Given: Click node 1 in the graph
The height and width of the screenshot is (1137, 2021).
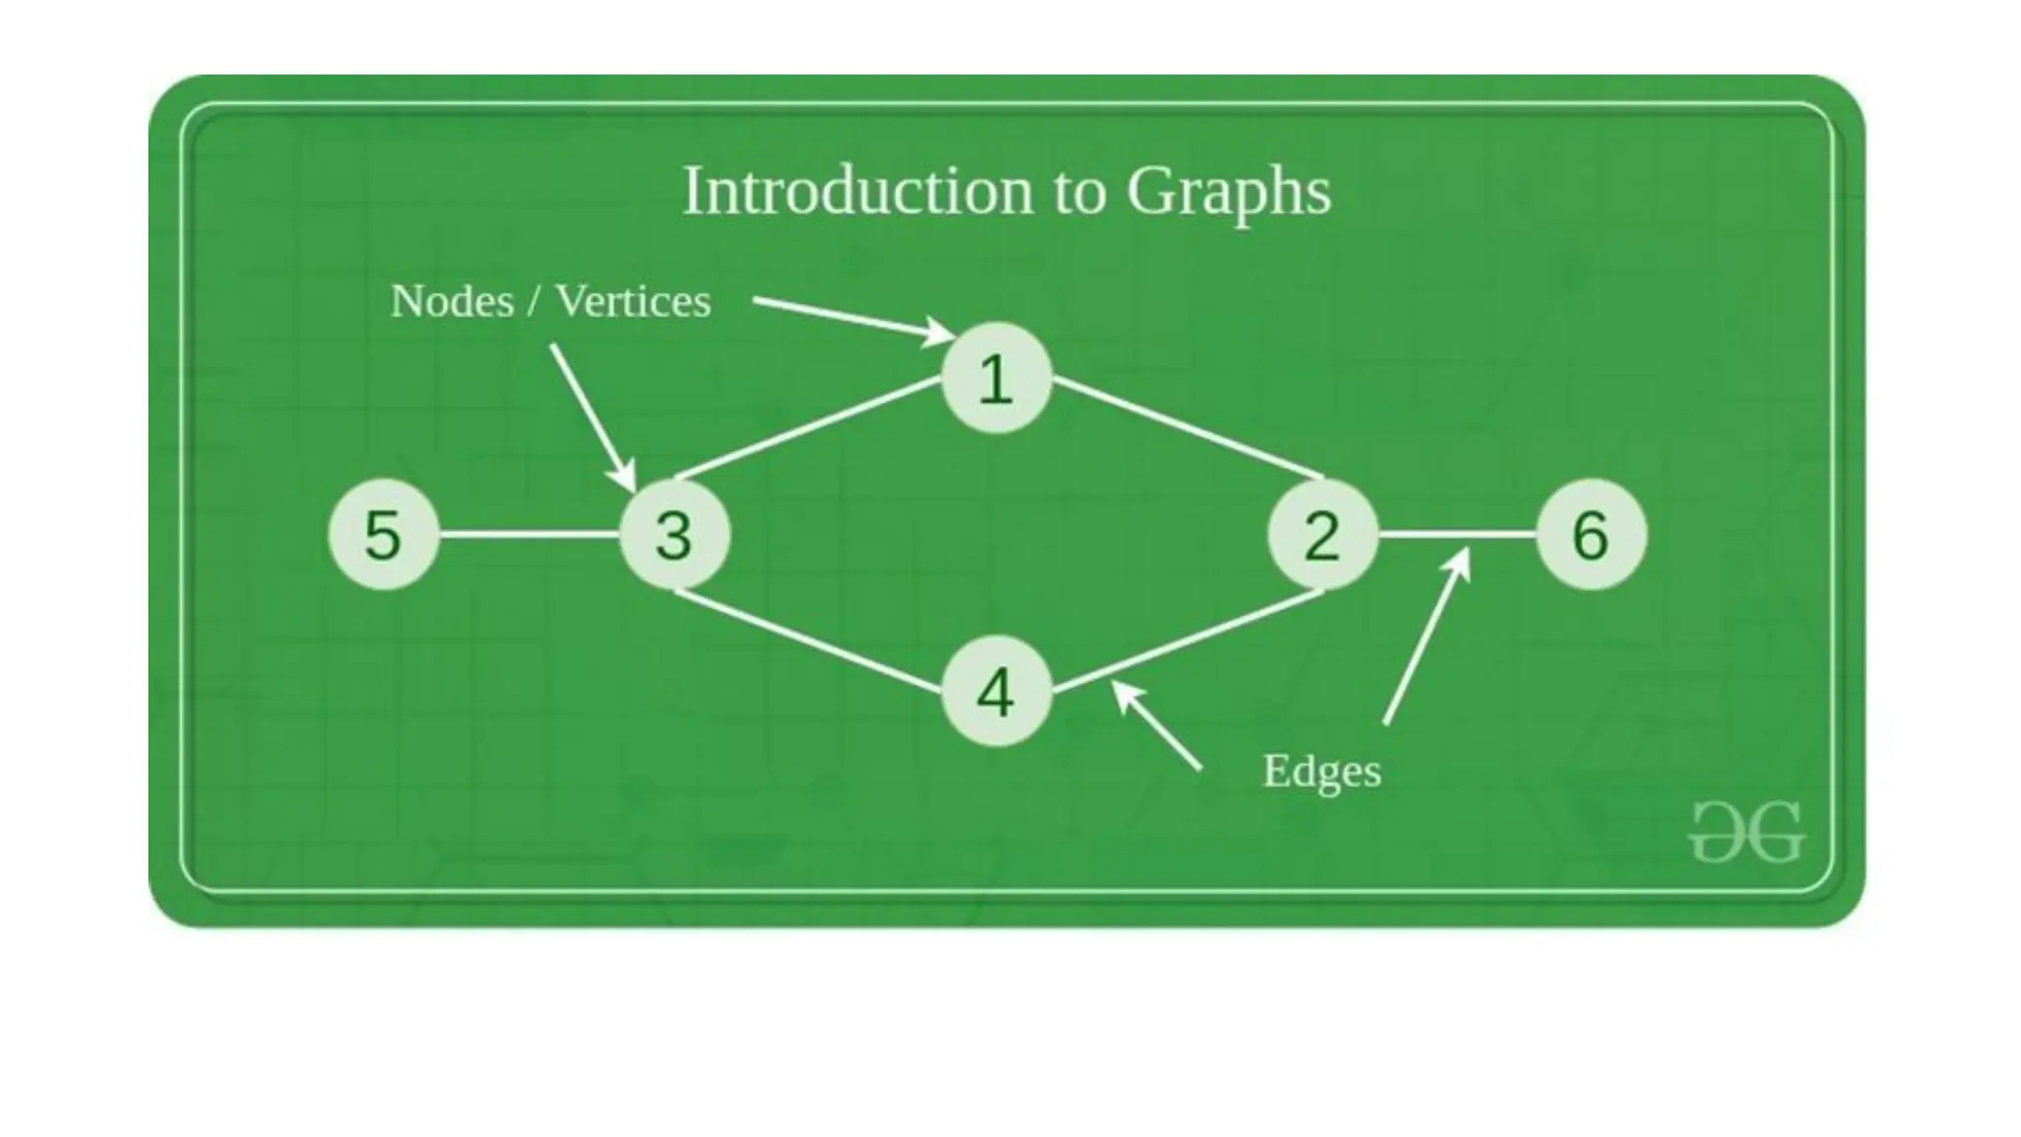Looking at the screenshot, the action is click(x=996, y=378).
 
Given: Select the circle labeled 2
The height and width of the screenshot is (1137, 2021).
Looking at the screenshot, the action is click(x=1322, y=535).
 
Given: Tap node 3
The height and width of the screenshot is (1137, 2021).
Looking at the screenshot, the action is click(x=675, y=535).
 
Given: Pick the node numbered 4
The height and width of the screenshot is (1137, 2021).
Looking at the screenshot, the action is click(x=996, y=691).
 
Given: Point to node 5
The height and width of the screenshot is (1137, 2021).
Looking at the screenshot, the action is click(x=384, y=535).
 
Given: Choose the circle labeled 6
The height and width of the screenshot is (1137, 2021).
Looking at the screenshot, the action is click(x=1591, y=535).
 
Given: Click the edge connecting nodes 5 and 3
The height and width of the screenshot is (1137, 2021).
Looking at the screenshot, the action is click(x=529, y=535).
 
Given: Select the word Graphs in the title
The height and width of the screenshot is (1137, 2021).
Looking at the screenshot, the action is click(x=1229, y=192).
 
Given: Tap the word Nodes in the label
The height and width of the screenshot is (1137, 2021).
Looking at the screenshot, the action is click(x=452, y=301).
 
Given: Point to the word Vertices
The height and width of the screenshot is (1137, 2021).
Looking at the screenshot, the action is click(x=633, y=301).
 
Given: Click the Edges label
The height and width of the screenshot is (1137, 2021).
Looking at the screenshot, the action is click(x=1321, y=772).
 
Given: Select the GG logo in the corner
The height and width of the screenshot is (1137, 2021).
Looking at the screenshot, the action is click(x=1747, y=832).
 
